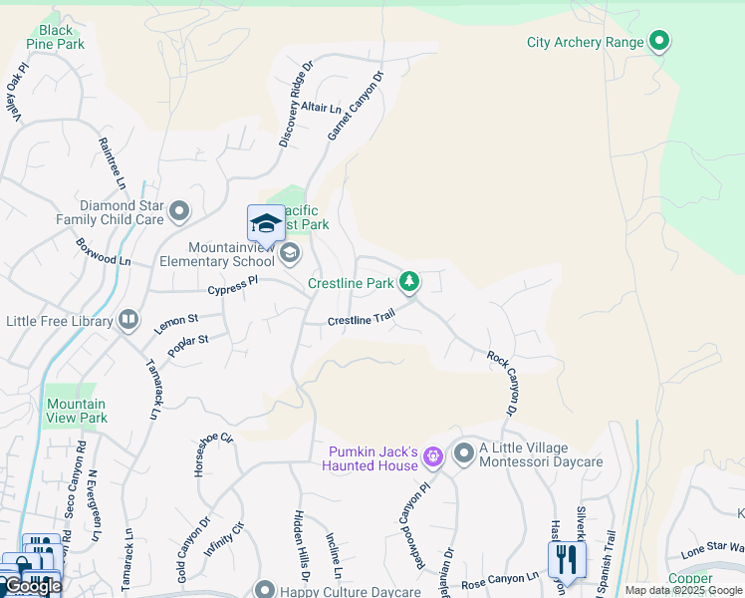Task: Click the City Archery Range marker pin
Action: (x=658, y=42)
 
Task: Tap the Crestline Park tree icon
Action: (x=408, y=283)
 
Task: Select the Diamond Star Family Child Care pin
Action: (x=179, y=211)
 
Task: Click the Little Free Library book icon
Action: (x=127, y=320)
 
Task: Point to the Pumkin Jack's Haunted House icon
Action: (x=432, y=457)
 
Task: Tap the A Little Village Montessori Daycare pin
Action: (x=463, y=454)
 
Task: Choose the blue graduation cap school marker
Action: (x=266, y=224)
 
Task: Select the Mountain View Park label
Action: (x=77, y=411)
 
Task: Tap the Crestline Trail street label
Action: (x=361, y=319)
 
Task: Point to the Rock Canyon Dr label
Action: (x=503, y=383)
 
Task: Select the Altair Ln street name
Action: (x=321, y=106)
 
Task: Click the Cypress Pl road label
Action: (x=232, y=286)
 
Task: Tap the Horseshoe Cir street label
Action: (x=214, y=454)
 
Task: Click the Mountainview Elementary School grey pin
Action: (x=289, y=253)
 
